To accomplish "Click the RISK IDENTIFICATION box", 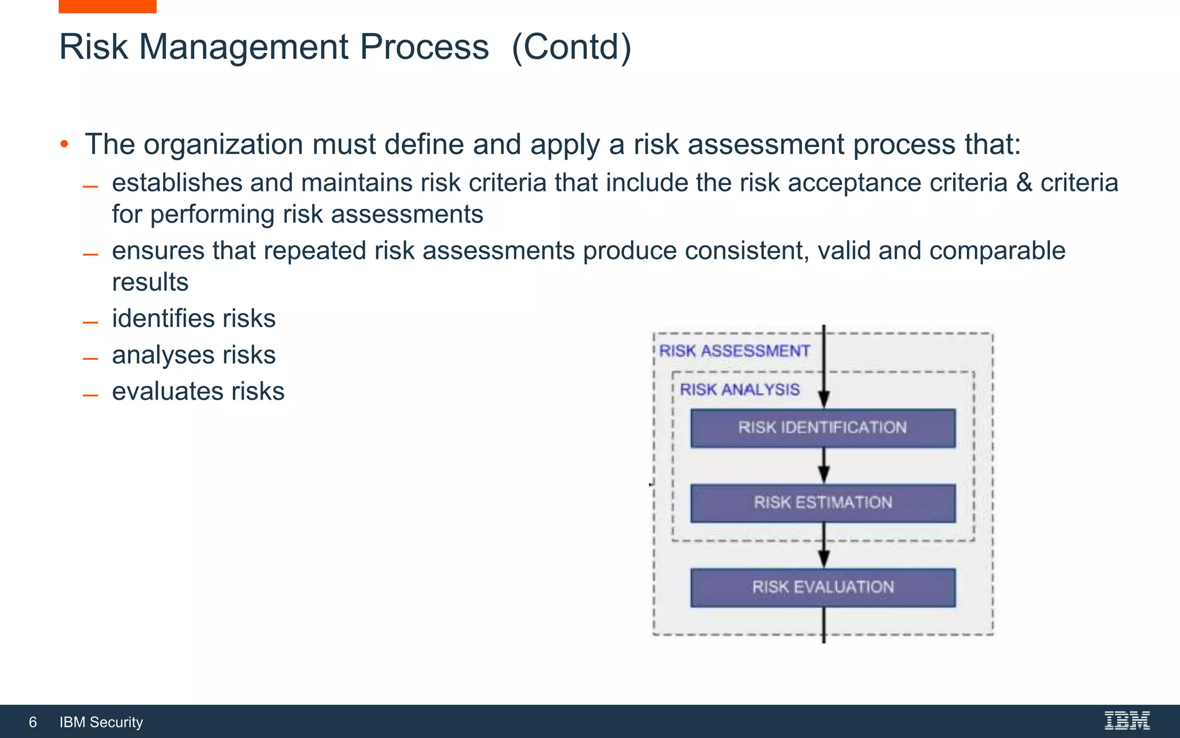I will (823, 428).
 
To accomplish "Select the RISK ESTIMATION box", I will (823, 503).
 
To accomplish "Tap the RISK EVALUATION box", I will (823, 587).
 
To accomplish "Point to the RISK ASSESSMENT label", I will (734, 351).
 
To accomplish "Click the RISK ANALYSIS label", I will (739, 390).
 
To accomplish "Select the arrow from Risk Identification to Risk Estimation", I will (824, 466).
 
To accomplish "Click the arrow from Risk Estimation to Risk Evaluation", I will (824, 546).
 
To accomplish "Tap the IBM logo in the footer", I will (1127, 721).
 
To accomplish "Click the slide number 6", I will (33, 722).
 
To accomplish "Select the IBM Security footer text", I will (101, 722).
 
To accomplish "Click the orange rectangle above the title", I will (107, 6).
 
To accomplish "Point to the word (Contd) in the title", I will (571, 47).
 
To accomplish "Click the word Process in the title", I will (424, 47).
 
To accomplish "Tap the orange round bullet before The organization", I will (65, 144).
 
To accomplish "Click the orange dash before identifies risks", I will (90, 322).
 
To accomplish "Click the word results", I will (150, 283).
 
